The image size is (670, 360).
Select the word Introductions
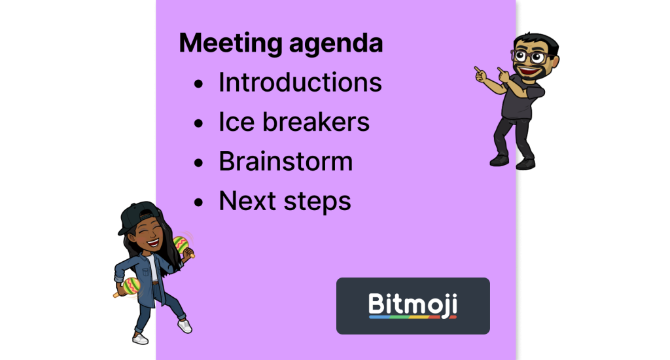coord(300,82)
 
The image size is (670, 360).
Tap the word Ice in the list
coord(237,122)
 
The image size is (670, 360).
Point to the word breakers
coord(316,122)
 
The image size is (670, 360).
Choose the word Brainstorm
coord(286,161)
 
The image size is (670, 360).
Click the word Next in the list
coord(247,201)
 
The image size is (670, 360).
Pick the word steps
coord(317,202)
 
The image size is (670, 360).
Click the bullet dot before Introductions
coord(198,84)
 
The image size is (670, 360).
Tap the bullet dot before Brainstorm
coord(198,163)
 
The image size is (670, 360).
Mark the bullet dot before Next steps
coord(198,202)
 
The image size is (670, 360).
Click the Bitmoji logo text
coord(413,304)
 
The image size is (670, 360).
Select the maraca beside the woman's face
coord(181,245)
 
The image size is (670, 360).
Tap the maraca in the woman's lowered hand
coord(130,286)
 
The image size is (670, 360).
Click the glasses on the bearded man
coord(531,57)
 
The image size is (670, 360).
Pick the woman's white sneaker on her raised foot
coord(185,326)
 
